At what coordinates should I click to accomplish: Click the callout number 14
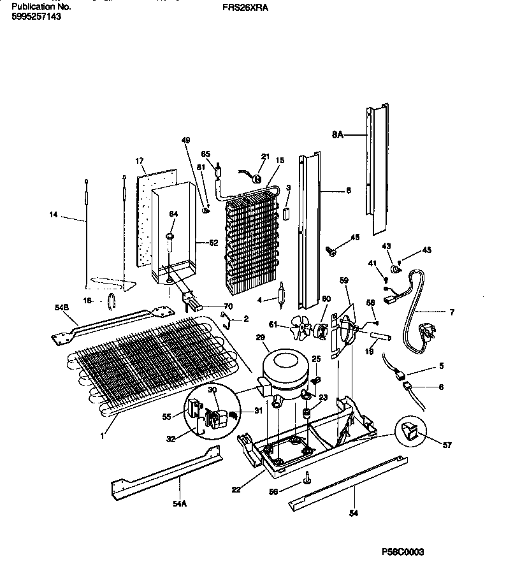pyautogui.click(x=54, y=215)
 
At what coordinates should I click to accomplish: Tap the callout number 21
pyautogui.click(x=266, y=157)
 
